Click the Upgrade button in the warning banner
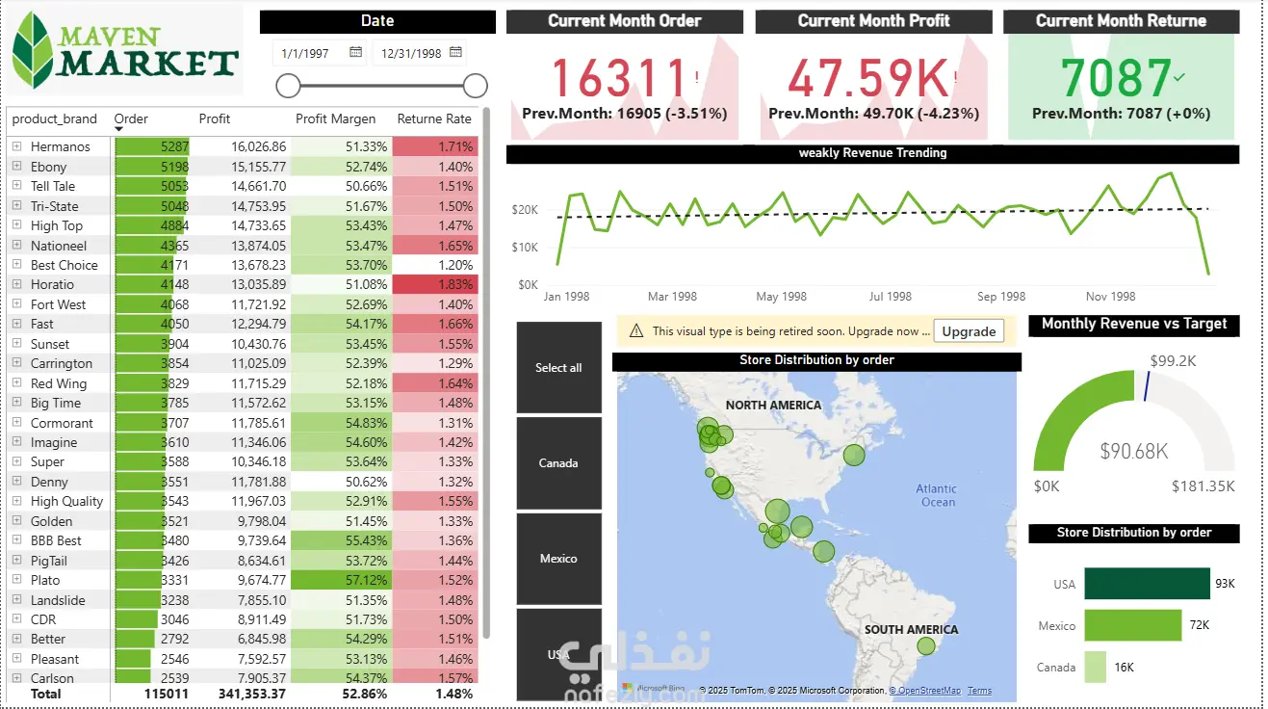(968, 331)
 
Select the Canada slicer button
(558, 463)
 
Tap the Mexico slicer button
(558, 559)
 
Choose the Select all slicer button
(558, 368)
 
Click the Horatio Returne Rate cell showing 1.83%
(435, 285)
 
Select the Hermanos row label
(60, 147)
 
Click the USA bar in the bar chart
(1147, 584)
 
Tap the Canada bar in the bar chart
(1095, 667)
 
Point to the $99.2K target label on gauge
(1173, 361)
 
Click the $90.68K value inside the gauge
(1134, 451)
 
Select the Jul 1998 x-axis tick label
(890, 297)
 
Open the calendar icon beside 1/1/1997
(355, 52)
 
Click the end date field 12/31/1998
(411, 53)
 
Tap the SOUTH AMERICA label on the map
(911, 630)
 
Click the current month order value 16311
(618, 79)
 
